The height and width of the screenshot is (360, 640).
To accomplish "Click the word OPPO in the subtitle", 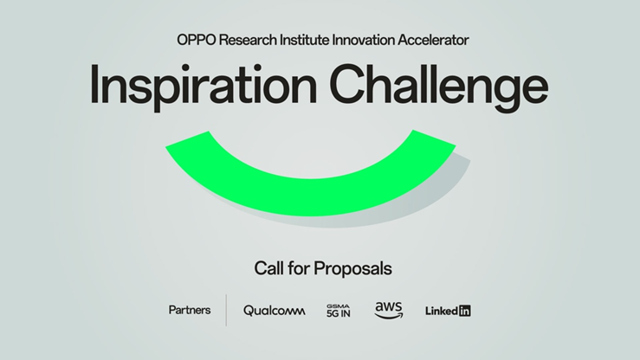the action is [x=197, y=40].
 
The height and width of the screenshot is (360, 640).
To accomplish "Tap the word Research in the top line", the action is [x=248, y=40].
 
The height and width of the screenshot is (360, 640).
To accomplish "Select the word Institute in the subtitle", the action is [x=304, y=40].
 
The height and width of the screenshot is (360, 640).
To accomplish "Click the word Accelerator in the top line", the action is [x=433, y=40].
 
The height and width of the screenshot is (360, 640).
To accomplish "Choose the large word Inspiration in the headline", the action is [x=204, y=85].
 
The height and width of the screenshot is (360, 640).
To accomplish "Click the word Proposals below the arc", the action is [x=352, y=269].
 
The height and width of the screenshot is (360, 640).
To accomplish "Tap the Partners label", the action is [x=190, y=311].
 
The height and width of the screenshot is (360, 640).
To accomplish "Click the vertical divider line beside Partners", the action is [x=226, y=311].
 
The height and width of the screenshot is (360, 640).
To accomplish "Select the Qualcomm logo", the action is [x=275, y=311].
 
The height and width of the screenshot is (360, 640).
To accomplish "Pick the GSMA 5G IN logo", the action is [x=339, y=311].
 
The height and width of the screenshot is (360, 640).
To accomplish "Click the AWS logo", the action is [x=389, y=311].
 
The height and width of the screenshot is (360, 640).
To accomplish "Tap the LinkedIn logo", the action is [x=448, y=311].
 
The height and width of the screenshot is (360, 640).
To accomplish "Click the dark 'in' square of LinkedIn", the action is [x=464, y=311].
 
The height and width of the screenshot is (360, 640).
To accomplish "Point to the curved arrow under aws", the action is [x=389, y=316].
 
